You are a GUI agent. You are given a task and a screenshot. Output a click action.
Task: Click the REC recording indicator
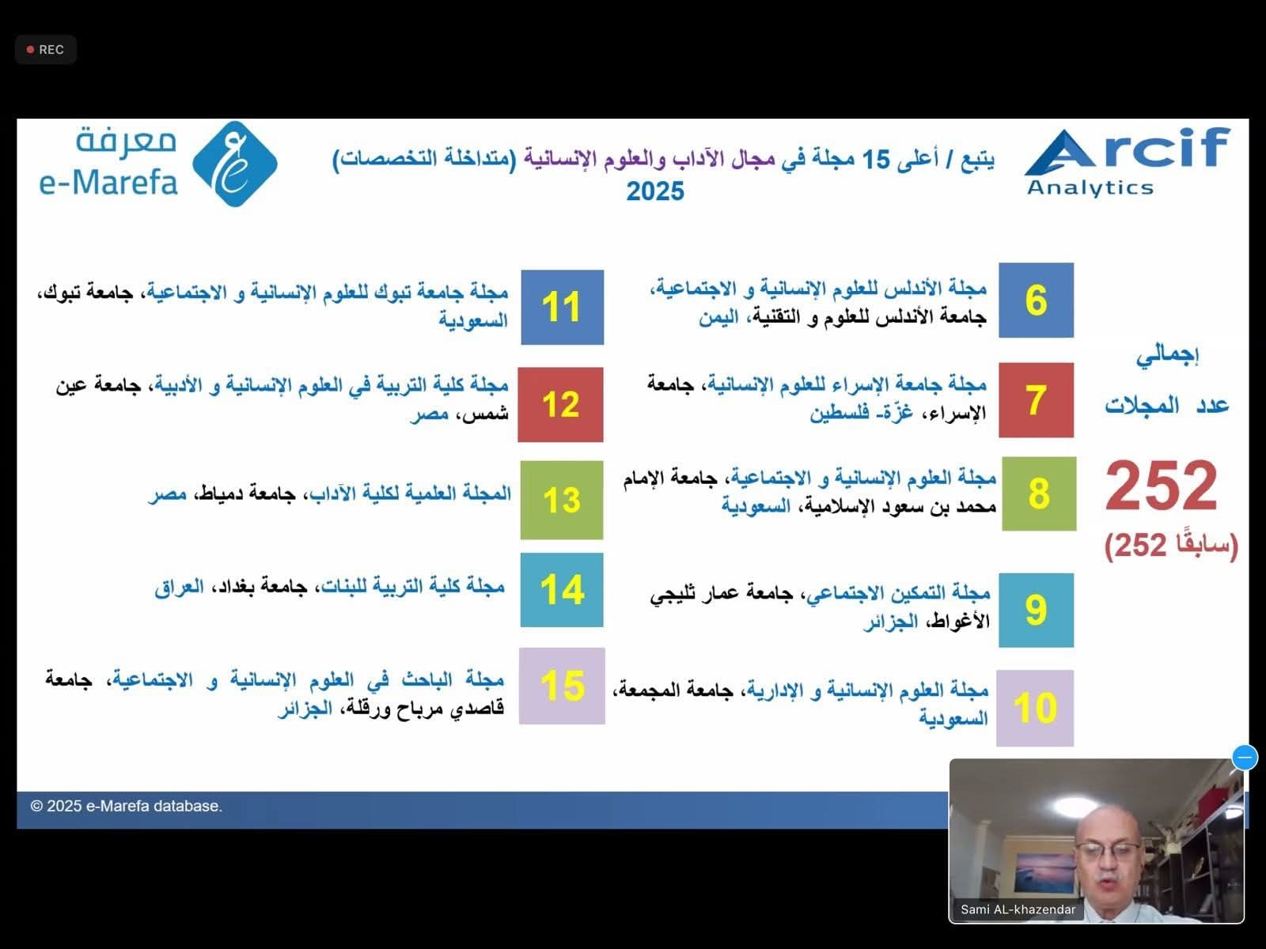pos(46,50)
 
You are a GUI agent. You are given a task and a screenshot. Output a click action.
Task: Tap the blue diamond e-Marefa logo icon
pos(235,164)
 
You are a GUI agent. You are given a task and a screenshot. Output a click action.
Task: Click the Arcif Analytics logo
pos(1127,162)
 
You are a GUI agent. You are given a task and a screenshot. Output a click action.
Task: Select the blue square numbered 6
pos(1036,301)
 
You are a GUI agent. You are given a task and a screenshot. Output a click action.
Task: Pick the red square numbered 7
pos(1036,400)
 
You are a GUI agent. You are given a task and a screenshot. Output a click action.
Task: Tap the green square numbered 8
pos(1039,493)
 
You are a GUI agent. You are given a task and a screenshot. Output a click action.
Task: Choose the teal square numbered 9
pos(1036,611)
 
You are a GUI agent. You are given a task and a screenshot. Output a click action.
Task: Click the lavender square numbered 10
pos(1035,708)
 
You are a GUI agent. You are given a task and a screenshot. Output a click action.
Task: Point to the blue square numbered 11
pos(563,307)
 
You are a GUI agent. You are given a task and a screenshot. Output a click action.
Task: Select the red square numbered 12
pos(561,404)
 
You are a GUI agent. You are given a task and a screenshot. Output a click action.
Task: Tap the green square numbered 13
pos(562,500)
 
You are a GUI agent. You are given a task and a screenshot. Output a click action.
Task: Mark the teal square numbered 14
pos(562,590)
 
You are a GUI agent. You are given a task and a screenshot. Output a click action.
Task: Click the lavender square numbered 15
pos(562,686)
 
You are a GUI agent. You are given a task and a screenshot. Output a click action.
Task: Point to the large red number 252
pos(1161,485)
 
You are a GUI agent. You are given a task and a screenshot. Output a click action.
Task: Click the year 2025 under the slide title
pos(655,191)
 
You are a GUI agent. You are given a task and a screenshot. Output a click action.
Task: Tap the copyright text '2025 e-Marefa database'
pos(127,806)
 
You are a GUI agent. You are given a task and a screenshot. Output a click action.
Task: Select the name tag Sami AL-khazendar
pos(1018,909)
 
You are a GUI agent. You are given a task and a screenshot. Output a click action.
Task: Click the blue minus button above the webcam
pos(1245,757)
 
